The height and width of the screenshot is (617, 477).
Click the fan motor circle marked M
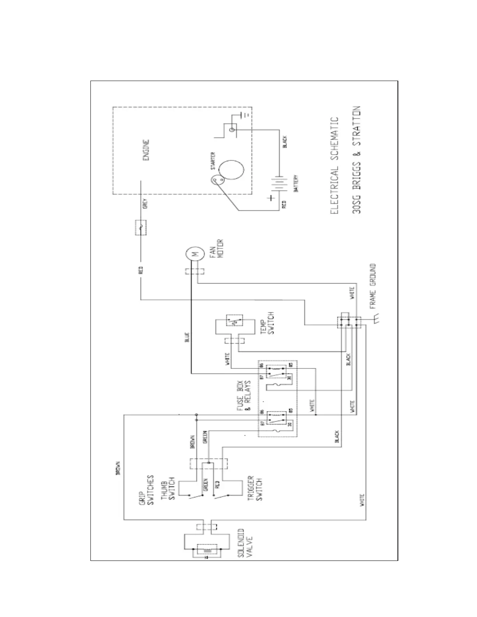(x=194, y=254)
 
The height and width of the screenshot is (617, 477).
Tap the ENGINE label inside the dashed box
(x=146, y=150)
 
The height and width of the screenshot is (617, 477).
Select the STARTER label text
(x=213, y=161)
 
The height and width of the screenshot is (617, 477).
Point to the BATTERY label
(x=296, y=183)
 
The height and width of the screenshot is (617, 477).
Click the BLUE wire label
(x=187, y=337)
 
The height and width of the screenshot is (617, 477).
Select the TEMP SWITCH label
(x=269, y=323)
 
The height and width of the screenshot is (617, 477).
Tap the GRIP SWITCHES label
(x=147, y=490)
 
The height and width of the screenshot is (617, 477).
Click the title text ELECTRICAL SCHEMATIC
(x=334, y=165)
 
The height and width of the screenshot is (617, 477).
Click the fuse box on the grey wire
(x=141, y=228)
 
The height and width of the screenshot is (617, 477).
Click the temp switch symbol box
(x=235, y=322)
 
